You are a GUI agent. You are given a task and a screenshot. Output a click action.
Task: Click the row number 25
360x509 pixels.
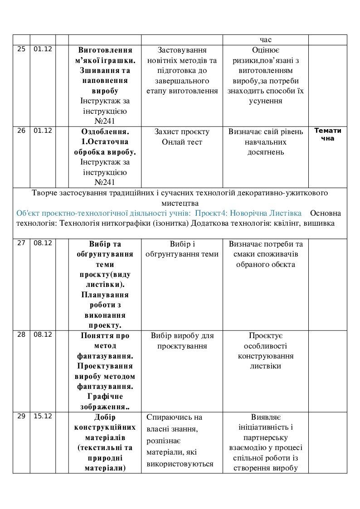coord(21,49)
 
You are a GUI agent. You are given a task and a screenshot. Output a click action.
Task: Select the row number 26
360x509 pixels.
coord(21,131)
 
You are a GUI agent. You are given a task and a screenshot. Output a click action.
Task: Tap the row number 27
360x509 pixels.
coord(21,243)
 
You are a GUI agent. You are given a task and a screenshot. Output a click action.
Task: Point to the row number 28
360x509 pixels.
coord(21,335)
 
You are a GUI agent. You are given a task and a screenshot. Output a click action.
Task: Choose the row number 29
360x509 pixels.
coord(21,416)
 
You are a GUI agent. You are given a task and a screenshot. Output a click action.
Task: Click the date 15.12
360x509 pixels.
coord(43,416)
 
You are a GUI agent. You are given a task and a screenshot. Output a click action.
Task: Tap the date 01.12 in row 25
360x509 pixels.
coord(43,49)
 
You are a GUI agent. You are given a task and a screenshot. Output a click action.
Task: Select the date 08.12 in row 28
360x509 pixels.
coord(43,335)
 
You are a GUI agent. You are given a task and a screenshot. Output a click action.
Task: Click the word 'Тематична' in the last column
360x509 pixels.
coord(328,135)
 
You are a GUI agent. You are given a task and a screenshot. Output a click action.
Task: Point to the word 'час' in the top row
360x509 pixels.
coord(266,40)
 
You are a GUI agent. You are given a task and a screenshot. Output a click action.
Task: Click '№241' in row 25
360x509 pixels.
coord(105,121)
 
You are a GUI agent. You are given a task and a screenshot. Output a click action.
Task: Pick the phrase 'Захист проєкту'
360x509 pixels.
coord(182,132)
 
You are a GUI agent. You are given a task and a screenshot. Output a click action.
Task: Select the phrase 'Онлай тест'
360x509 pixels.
coord(182,142)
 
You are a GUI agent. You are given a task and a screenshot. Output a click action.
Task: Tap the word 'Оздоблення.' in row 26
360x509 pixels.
coord(105,132)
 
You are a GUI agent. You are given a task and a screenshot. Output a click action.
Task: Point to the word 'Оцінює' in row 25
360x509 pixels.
coord(266,50)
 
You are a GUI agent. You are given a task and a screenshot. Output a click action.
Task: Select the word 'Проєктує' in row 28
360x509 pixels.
coord(266,336)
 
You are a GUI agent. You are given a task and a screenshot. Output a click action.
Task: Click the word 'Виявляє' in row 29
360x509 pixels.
coord(266,417)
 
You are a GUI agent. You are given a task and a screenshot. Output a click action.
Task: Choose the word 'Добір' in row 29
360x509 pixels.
coord(105,417)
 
